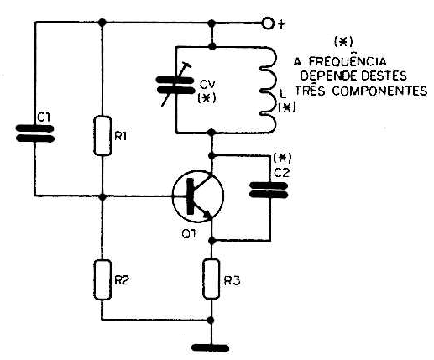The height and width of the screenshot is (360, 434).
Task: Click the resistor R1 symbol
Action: (x=102, y=136)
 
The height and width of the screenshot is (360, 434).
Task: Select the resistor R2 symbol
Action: (x=102, y=279)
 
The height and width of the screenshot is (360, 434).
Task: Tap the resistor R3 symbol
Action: (x=212, y=279)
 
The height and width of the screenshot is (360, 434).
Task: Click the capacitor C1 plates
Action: (x=35, y=133)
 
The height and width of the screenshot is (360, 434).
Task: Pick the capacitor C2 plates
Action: (x=269, y=190)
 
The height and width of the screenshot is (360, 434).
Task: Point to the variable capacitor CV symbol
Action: (x=175, y=85)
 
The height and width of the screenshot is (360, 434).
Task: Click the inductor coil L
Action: (x=269, y=90)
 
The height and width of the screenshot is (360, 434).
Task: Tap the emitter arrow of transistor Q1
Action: (x=207, y=214)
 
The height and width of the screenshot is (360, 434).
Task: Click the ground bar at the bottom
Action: (x=211, y=348)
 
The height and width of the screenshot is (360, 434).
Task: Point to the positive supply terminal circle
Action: (x=268, y=23)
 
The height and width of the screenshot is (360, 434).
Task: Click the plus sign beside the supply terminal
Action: (x=281, y=24)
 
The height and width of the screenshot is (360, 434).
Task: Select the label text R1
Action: (x=121, y=136)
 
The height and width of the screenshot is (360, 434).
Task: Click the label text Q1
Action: (x=189, y=233)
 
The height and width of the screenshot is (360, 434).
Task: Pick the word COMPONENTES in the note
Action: (x=379, y=91)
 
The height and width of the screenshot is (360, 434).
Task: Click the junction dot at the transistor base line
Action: (x=102, y=196)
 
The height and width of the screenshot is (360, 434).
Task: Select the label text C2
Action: (x=281, y=173)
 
